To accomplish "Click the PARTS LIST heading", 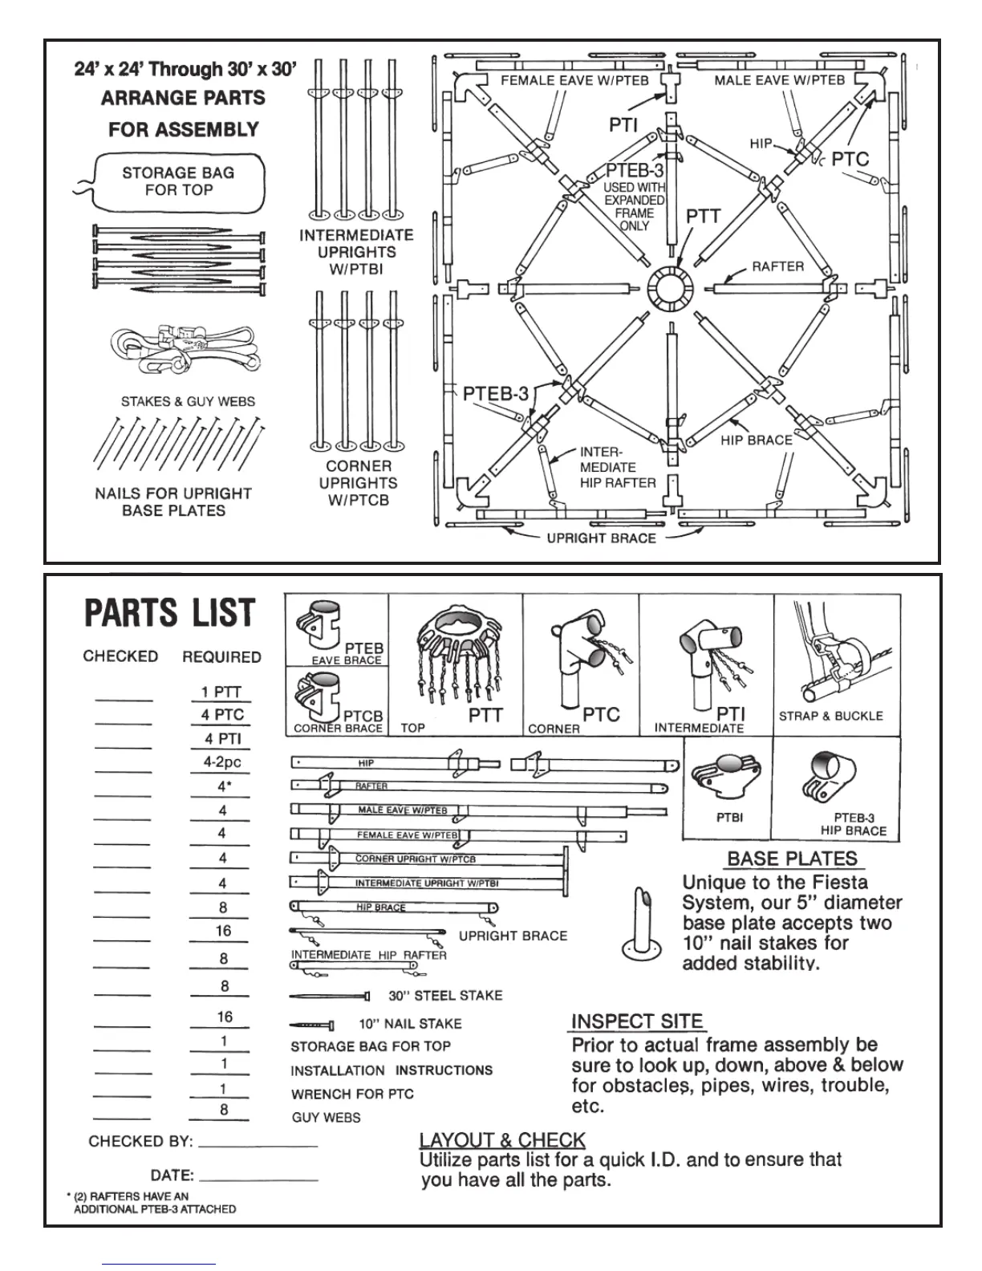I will [169, 613].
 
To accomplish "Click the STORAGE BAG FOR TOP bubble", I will [178, 182].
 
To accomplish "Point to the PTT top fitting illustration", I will [453, 650].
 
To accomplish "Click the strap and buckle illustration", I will [834, 658].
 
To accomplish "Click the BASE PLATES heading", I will [792, 859].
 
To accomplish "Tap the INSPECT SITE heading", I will [637, 1021].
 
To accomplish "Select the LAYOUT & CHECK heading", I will [502, 1140].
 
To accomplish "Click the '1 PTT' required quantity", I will [221, 692].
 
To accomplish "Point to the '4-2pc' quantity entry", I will [222, 762].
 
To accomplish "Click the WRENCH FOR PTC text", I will [352, 1094].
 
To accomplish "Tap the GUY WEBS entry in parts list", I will [326, 1118].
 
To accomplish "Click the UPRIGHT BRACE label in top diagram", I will [601, 538].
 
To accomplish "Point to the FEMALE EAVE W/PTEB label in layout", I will [574, 80].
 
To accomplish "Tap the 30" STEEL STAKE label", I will [445, 996].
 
